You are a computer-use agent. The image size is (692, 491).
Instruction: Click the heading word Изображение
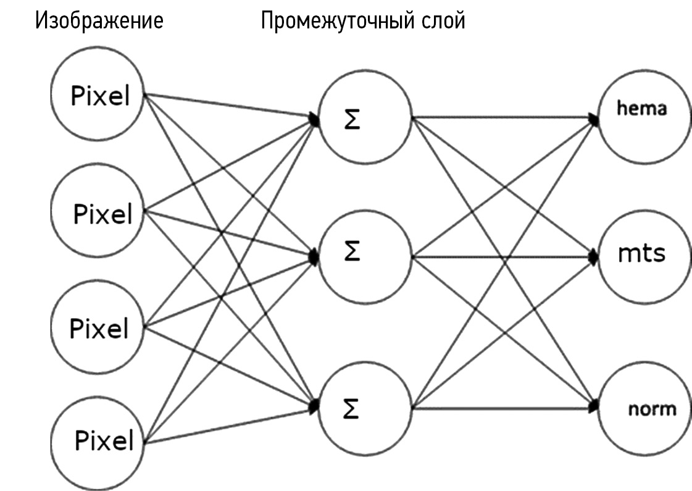99,21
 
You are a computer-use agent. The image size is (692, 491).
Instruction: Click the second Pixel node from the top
99,214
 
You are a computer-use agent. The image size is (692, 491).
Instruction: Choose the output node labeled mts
643,254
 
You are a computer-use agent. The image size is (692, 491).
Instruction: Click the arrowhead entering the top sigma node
315,119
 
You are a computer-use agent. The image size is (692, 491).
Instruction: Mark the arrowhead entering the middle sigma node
315,255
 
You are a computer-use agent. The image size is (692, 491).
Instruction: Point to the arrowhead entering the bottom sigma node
315,405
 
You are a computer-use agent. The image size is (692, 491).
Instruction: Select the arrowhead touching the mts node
594,255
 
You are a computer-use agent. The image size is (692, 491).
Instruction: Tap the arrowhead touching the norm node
594,406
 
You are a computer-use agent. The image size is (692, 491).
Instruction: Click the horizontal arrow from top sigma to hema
503,117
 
